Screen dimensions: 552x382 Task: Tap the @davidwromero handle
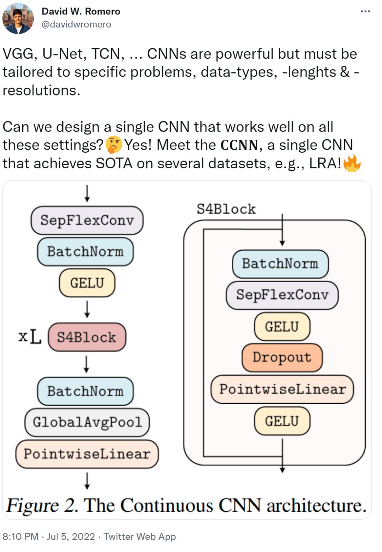point(76,24)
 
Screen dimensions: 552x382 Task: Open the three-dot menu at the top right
point(365,11)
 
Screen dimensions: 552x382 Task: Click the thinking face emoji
point(114,145)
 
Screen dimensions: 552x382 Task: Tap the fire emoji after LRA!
point(352,163)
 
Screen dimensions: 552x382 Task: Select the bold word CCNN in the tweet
point(239,145)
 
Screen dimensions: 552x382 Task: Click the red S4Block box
point(87,337)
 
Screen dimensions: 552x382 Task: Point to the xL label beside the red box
point(30,337)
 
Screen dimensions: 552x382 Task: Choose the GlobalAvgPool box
point(87,422)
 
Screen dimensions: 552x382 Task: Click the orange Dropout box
point(282,358)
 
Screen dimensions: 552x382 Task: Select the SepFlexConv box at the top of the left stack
point(87,220)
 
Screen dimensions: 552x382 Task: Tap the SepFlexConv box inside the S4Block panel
point(282,295)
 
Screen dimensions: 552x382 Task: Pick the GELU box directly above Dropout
point(282,326)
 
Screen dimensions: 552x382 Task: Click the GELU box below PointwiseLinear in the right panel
point(282,421)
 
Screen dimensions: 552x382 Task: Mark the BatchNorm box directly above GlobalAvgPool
point(85,391)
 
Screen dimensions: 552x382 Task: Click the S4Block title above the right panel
point(226,209)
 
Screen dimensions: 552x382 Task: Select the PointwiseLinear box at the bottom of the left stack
point(87,454)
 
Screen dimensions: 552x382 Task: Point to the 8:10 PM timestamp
point(21,536)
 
